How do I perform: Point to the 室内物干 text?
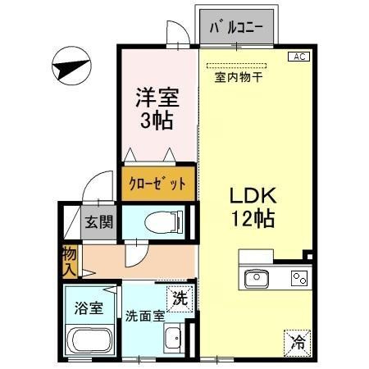click(238, 78)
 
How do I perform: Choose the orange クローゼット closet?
click(159, 183)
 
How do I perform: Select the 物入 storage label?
click(69, 261)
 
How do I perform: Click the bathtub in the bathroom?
click(90, 339)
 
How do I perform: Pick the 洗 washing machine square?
click(179, 298)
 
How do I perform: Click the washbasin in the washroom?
click(172, 338)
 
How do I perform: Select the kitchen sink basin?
click(257, 278)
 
